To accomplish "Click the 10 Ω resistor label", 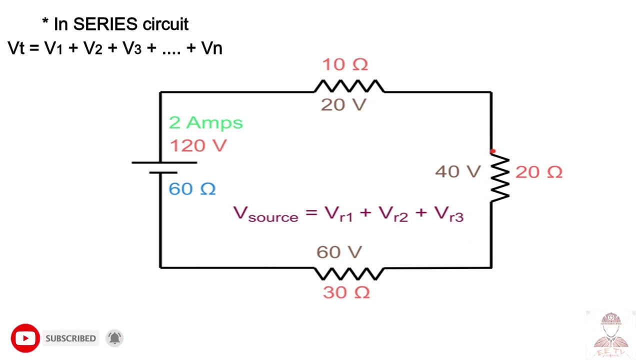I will pos(344,64).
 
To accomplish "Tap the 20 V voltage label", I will pos(343,104).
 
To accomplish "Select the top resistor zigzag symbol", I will pos(349,86).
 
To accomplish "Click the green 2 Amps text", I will pos(205,122).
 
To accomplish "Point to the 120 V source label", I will pos(198,145).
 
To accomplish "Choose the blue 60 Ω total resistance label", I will pos(192,189).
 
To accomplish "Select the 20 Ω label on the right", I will pos(538,172).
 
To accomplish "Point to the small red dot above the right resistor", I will pos(492,151).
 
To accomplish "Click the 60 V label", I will pos(339,252).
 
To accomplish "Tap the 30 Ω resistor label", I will pos(346,292).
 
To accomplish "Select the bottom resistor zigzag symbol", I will pos(349,273).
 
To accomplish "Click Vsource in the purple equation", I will pos(265,214).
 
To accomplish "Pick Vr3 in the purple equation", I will pos(448,213).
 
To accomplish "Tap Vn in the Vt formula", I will pos(211,48).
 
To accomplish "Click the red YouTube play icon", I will pos(25,338).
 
